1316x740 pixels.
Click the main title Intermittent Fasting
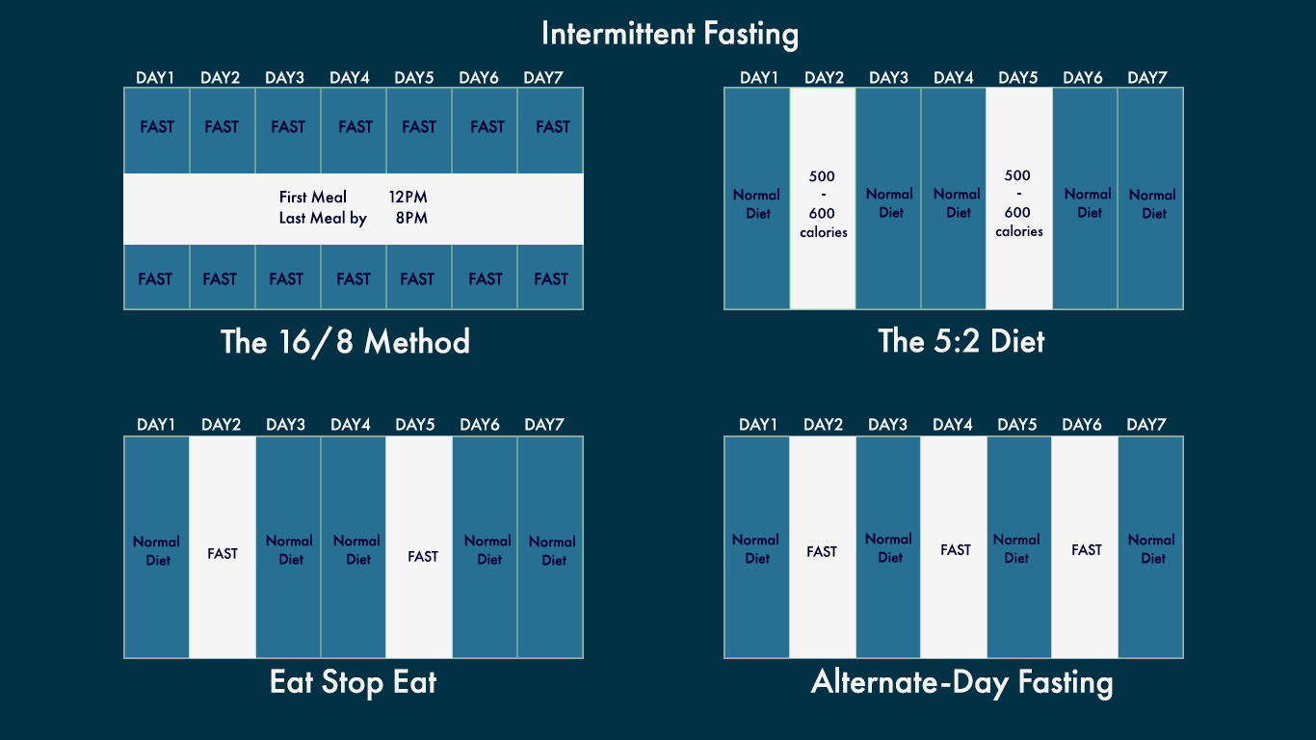pyautogui.click(x=670, y=34)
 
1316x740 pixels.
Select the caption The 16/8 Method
pyautogui.click(x=345, y=342)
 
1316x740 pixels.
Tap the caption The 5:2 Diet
pyautogui.click(x=961, y=341)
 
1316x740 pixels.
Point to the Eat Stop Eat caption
pyautogui.click(x=353, y=682)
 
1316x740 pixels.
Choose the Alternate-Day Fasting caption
pyautogui.click(x=961, y=683)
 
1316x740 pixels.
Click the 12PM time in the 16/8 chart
pyautogui.click(x=408, y=197)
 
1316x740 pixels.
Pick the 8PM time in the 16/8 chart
pyautogui.click(x=411, y=218)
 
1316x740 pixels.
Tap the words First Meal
pyautogui.click(x=312, y=197)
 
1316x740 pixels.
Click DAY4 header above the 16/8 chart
pyautogui.click(x=350, y=78)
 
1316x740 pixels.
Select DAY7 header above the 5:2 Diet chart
pyautogui.click(x=1147, y=78)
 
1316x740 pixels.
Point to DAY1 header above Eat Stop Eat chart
pyautogui.click(x=156, y=424)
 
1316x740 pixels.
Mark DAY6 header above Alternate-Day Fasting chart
pyautogui.click(x=1082, y=424)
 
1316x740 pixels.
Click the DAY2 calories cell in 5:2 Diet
pyautogui.click(x=823, y=198)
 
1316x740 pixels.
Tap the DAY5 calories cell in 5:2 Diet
pyautogui.click(x=1018, y=198)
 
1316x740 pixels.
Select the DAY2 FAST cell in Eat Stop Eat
pyautogui.click(x=223, y=547)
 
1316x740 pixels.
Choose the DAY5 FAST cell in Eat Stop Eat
pyautogui.click(x=419, y=547)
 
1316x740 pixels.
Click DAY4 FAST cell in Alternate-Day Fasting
pyautogui.click(x=954, y=547)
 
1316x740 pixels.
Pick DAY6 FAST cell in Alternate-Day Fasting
pyautogui.click(x=1085, y=547)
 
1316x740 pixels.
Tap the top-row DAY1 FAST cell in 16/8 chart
pyautogui.click(x=157, y=130)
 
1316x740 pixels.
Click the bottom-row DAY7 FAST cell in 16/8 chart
pyautogui.click(x=550, y=277)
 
